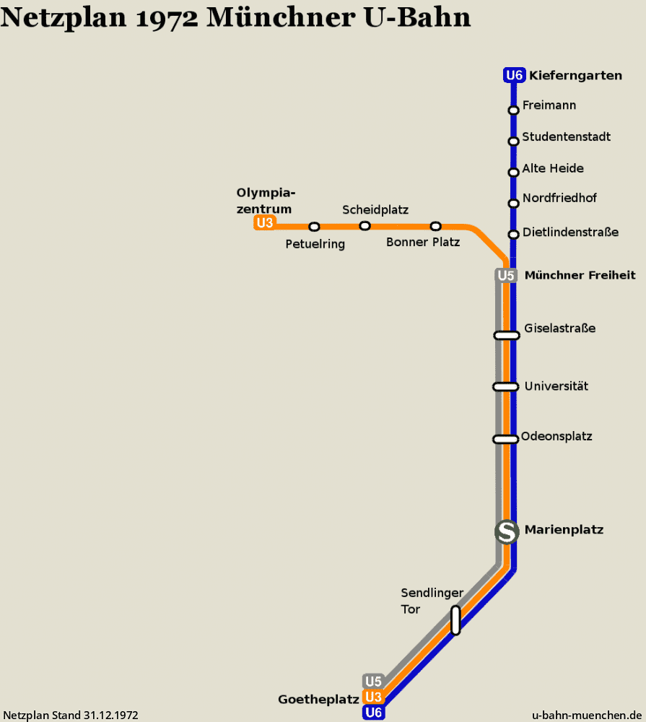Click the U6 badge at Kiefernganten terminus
pos(515,75)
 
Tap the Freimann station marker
pos(513,110)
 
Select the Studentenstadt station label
pos(566,136)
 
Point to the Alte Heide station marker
pos(513,173)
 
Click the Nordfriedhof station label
pos(559,198)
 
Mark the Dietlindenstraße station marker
pos(513,235)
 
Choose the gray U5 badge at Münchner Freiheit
pos(505,275)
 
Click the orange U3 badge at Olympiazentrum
pos(265,223)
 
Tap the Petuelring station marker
pos(314,227)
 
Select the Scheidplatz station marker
pos(365,226)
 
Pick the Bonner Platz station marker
pos(435,226)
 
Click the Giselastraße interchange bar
pos(507,335)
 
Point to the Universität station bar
pos(505,387)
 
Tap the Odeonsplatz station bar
pos(505,439)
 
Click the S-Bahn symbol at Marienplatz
pos(507,532)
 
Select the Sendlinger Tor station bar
pos(455,621)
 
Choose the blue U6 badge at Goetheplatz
pos(373,713)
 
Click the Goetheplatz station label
pos(318,700)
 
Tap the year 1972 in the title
pos(167,18)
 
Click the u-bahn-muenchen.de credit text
pos(587,715)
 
